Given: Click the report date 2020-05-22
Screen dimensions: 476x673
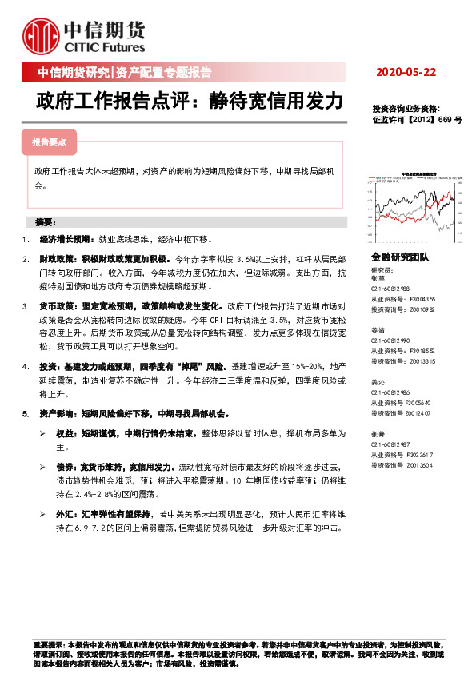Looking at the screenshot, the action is pos(406,73).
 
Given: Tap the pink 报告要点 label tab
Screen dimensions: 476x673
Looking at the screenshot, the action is pos(49,142).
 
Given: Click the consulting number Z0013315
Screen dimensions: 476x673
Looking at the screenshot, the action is pos(414,360).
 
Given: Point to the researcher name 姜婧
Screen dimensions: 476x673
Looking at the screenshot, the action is pos(378,329).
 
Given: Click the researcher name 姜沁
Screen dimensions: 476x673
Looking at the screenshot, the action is pos(378,382).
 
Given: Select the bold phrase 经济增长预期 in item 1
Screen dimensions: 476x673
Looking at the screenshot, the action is pos(66,239).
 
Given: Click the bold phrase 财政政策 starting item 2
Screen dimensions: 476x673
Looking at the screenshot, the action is pos(54,261).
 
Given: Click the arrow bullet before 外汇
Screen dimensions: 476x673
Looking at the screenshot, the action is pos(42,516).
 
